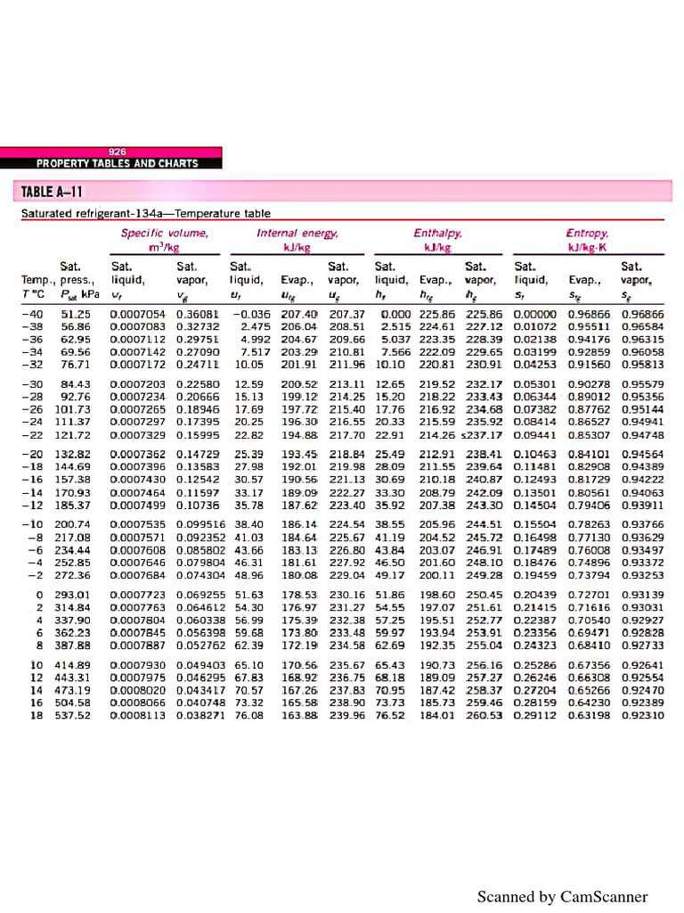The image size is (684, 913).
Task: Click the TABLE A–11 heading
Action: coord(53,192)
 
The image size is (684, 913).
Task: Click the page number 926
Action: coord(118,152)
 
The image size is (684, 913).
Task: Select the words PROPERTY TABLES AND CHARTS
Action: coord(117,164)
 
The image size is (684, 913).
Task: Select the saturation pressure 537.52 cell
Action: coord(72,715)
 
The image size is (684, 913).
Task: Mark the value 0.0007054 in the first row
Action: coord(137,315)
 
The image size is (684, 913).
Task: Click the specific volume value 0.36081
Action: coord(197,315)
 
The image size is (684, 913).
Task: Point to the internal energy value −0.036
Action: coord(250,315)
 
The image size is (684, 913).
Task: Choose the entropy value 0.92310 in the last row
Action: coord(642,715)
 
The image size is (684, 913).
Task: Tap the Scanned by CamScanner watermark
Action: coord(562,897)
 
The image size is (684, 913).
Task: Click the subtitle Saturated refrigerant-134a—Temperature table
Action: coord(146,214)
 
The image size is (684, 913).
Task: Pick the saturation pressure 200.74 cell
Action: coord(72,525)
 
